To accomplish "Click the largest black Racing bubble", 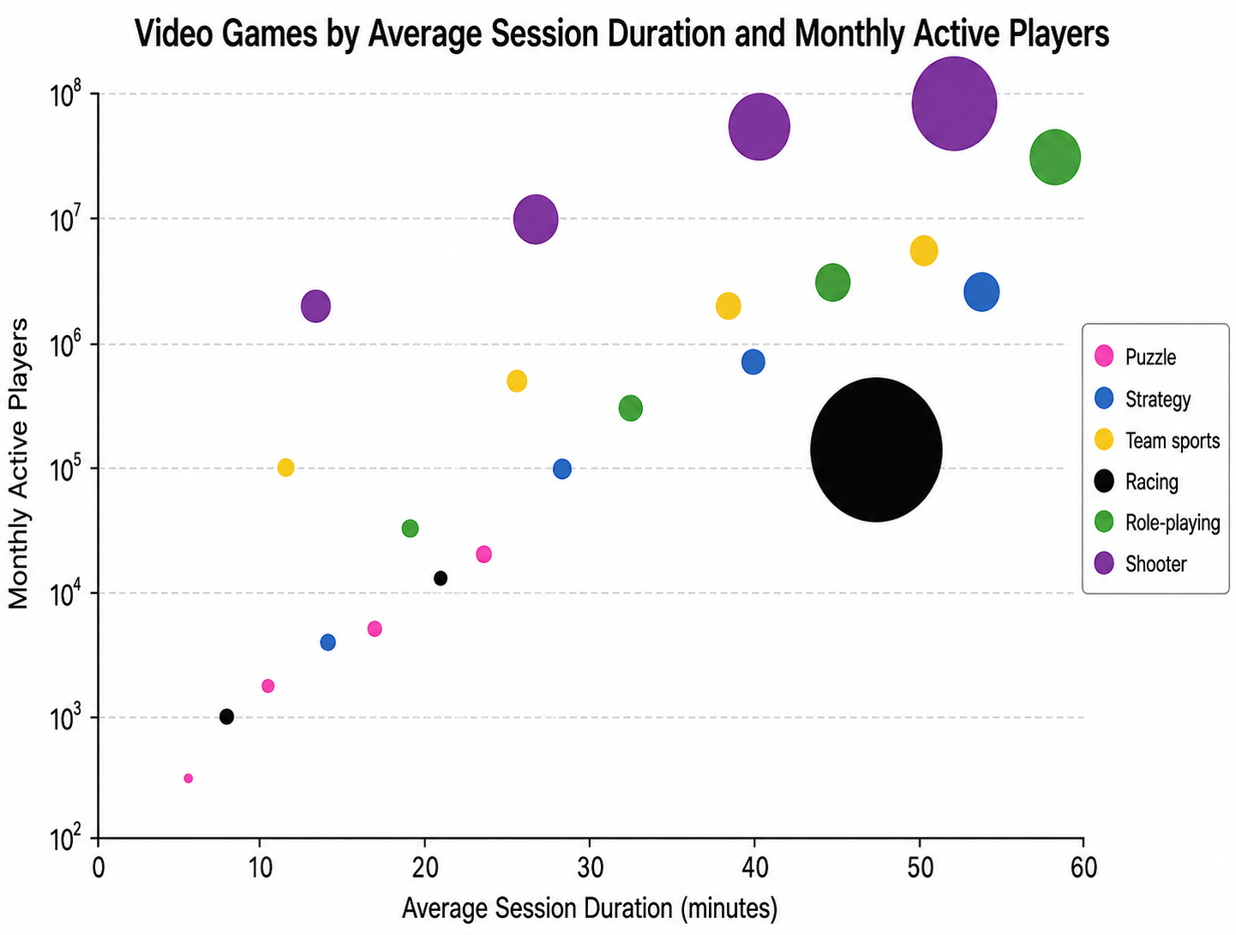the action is click(876, 449).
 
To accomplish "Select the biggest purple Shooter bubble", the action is click(954, 104).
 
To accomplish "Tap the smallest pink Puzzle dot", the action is click(188, 778).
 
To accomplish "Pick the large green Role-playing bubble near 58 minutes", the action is click(1054, 157).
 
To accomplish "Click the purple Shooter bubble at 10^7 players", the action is click(536, 219).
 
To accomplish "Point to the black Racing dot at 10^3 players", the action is click(226, 716).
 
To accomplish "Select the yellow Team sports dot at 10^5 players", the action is click(285, 467).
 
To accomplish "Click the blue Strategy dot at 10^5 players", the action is click(562, 468).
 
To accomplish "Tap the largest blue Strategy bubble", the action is click(981, 291).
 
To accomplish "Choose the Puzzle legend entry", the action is click(1135, 357).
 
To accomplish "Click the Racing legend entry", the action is click(1137, 482).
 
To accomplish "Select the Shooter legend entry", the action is click(1140, 563).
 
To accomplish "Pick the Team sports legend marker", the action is click(1104, 440).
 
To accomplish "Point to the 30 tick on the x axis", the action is click(590, 842).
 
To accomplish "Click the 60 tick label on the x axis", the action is click(1083, 867).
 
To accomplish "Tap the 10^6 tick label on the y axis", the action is click(65, 345).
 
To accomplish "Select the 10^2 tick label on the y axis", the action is click(65, 840).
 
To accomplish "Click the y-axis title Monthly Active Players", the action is click(19, 464).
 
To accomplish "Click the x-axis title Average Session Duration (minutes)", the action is click(589, 908).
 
